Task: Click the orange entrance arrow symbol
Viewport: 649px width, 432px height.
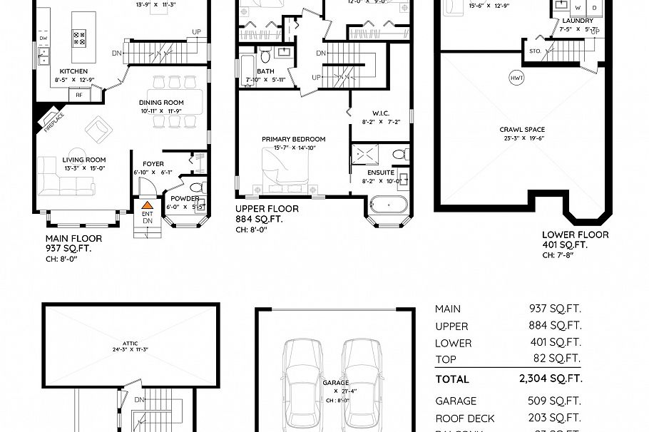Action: click(x=147, y=205)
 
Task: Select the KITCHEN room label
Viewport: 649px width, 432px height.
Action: click(x=73, y=71)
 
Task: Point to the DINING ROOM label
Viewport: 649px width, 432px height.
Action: click(x=161, y=103)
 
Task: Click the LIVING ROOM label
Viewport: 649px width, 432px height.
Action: click(x=84, y=160)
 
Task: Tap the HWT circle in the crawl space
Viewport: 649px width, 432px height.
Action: click(x=516, y=77)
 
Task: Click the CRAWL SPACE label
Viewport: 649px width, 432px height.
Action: click(x=522, y=130)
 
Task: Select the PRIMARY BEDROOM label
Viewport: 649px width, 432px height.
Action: click(x=293, y=139)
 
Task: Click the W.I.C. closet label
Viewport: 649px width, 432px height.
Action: click(x=380, y=113)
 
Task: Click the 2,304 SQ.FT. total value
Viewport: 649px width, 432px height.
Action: click(x=551, y=379)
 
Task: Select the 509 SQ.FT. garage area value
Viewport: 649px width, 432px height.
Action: click(x=554, y=401)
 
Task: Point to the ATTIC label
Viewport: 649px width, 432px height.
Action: click(x=131, y=343)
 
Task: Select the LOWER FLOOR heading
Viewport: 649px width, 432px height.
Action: click(x=575, y=235)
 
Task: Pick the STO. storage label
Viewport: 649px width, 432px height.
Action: click(x=535, y=51)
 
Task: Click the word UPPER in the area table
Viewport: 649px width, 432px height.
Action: click(x=451, y=326)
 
